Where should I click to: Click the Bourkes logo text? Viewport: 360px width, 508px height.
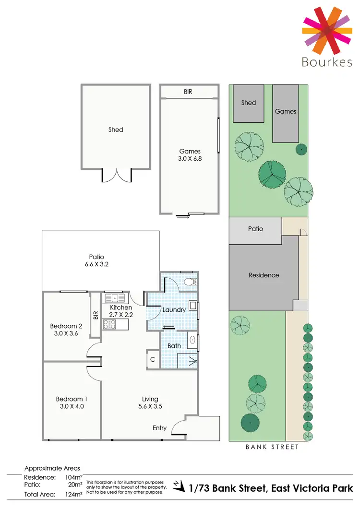(327, 62)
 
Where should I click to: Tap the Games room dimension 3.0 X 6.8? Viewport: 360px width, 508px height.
(190, 158)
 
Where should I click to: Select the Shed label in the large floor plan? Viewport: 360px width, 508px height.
(116, 130)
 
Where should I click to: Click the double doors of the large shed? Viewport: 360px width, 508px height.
(117, 175)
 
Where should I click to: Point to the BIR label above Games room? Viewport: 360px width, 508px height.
(188, 91)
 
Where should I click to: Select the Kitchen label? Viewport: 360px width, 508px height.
(121, 307)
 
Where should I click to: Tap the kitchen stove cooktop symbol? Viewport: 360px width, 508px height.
(109, 324)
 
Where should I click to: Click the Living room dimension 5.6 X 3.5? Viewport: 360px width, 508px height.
(150, 406)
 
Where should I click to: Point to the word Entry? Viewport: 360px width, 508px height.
(159, 428)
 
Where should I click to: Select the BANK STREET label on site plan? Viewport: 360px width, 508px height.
(272, 447)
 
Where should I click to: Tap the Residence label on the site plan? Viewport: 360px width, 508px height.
(264, 275)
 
